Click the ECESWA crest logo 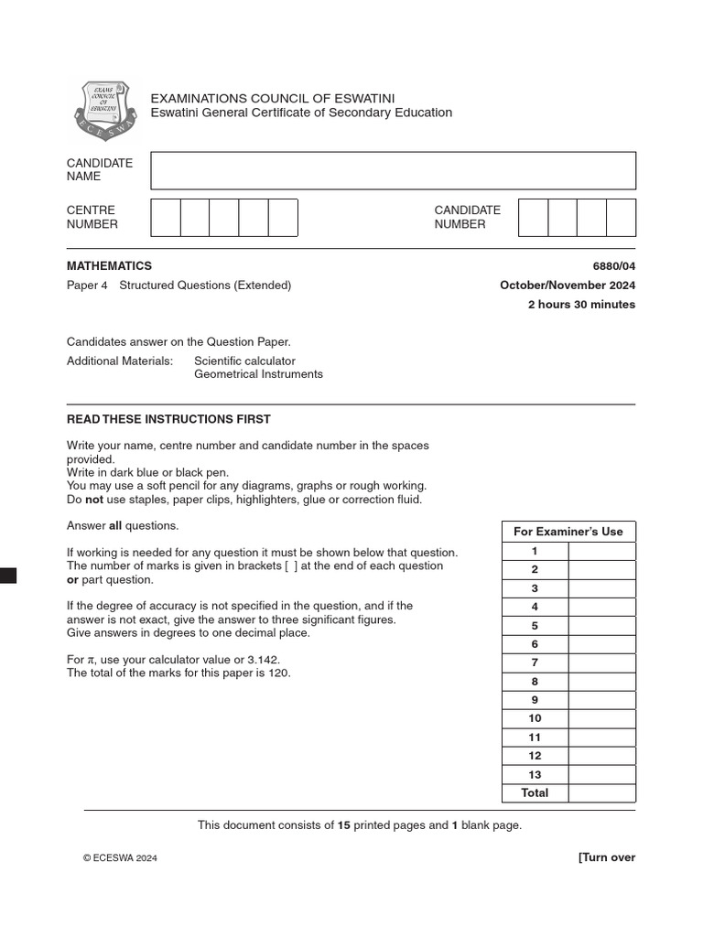pyautogui.click(x=104, y=111)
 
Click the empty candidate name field pyautogui.click(x=393, y=170)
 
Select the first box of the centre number pyautogui.click(x=165, y=217)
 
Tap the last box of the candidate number pyautogui.click(x=621, y=217)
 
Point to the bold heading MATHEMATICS pyautogui.click(x=109, y=266)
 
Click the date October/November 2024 pyautogui.click(x=567, y=285)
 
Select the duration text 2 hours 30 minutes pyautogui.click(x=581, y=305)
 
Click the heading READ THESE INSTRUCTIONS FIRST pyautogui.click(x=168, y=419)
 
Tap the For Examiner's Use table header pyautogui.click(x=568, y=532)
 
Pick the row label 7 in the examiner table pyautogui.click(x=535, y=662)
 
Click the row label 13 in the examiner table pyautogui.click(x=535, y=774)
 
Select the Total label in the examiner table pyautogui.click(x=535, y=793)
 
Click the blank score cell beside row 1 pyautogui.click(x=601, y=551)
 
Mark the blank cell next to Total pyautogui.click(x=601, y=793)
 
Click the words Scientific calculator pyautogui.click(x=244, y=361)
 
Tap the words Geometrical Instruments pyautogui.click(x=258, y=374)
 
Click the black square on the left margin pyautogui.click(x=7, y=575)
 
